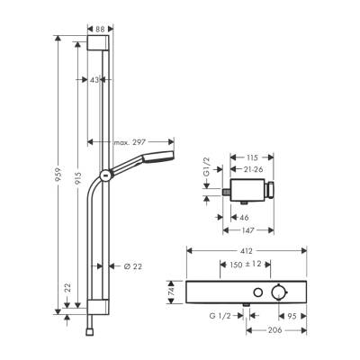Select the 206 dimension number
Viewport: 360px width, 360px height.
tap(285, 332)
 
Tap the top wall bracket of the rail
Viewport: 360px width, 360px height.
tap(99, 48)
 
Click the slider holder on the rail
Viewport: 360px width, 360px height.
tap(107, 175)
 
